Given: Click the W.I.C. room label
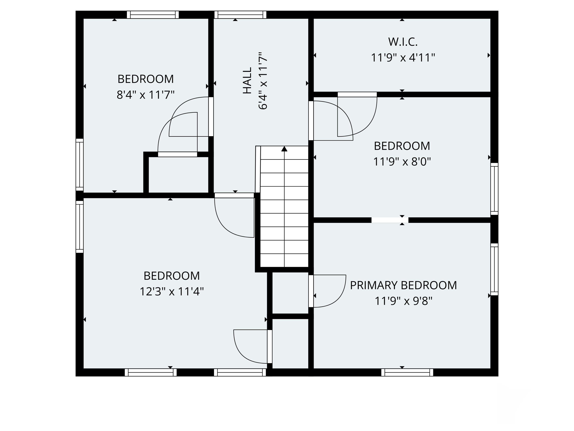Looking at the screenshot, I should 403,42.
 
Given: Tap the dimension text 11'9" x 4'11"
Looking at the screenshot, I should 403,58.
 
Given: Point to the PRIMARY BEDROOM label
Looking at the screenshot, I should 403,285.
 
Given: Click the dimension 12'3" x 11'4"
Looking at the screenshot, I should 171,292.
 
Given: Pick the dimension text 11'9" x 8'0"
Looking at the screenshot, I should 402,162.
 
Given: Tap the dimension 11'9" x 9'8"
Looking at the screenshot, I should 403,301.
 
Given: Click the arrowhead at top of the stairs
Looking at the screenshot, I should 284,149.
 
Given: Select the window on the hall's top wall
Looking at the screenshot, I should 240,15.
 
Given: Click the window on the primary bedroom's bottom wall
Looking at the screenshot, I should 407,372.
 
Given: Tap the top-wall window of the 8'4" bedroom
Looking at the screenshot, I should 153,15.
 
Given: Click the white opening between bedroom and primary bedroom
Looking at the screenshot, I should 389,220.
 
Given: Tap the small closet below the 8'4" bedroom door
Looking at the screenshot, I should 178,175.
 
